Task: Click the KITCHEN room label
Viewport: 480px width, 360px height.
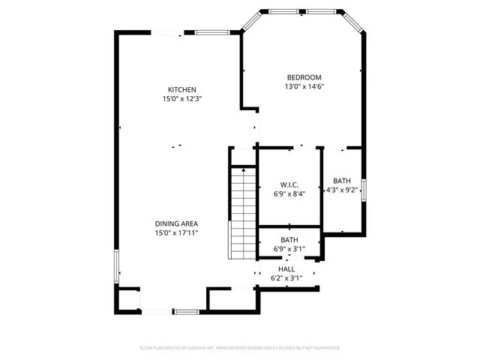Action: coord(182,90)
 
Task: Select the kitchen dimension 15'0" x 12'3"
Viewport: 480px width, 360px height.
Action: coord(182,99)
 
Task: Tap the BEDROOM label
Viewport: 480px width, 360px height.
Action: coord(304,77)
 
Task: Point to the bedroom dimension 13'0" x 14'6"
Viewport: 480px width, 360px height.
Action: coord(304,86)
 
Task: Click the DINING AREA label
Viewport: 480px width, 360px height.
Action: coord(176,223)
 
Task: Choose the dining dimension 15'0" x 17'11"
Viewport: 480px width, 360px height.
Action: coord(176,232)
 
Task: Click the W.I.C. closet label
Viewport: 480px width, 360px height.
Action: coord(289,184)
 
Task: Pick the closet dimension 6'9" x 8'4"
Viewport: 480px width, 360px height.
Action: coord(289,193)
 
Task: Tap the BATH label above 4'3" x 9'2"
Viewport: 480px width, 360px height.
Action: coord(342,181)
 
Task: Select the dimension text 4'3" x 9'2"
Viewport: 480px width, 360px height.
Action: coord(342,190)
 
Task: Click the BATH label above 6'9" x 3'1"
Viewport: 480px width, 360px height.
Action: coord(289,240)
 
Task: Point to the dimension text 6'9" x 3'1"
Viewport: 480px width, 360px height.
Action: coord(289,249)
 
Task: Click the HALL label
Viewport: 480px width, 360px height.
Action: coord(286,268)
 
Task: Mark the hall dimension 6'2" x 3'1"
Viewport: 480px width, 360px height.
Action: coord(286,278)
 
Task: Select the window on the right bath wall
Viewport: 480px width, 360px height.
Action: coord(364,188)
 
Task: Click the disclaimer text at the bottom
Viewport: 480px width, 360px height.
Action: coord(240,348)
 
